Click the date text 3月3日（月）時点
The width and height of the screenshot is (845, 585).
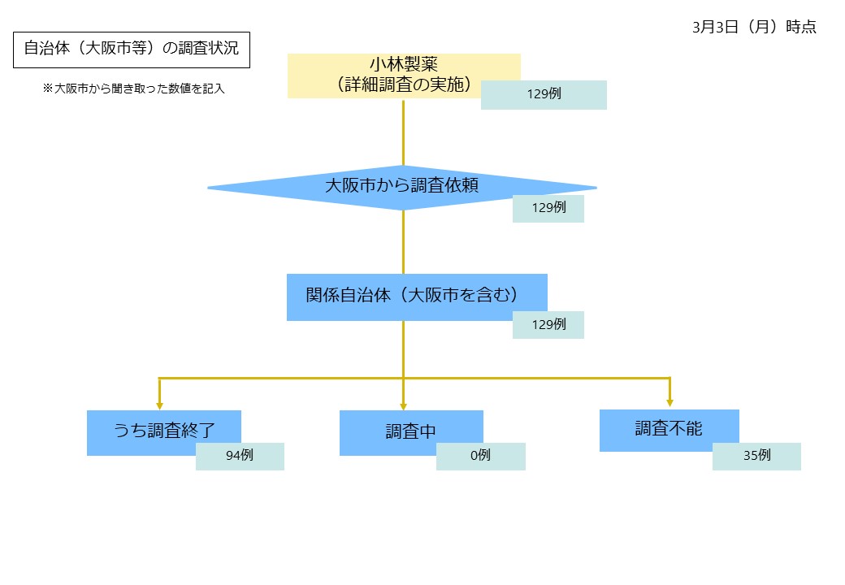754,27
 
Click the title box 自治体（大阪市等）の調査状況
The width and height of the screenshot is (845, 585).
131,49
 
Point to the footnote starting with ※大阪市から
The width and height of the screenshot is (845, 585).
133,89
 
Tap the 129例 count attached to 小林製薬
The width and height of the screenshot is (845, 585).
544,94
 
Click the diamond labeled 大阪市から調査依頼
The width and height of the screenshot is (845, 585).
401,186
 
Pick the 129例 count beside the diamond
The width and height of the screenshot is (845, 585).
548,208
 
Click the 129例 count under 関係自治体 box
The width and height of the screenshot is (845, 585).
548,324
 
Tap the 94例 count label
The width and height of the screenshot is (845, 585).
240,456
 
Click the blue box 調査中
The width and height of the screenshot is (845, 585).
410,431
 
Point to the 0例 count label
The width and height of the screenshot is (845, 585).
480,456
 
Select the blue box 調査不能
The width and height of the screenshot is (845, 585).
669,429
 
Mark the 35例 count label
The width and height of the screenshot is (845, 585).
756,456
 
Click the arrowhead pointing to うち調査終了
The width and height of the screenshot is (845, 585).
159,404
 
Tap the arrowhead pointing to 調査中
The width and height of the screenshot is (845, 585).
403,404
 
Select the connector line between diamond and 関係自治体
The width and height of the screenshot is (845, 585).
403,241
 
